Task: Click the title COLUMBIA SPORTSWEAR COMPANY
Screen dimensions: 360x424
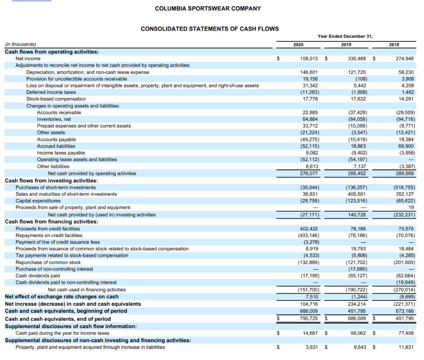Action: tap(208, 8)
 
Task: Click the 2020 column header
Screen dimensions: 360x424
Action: tap(298, 45)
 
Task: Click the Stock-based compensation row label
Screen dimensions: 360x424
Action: tap(56, 99)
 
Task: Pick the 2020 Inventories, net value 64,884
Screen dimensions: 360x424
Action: tap(309, 119)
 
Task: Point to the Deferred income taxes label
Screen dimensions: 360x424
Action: tap(51, 92)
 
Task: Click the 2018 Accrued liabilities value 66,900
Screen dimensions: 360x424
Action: tap(405, 146)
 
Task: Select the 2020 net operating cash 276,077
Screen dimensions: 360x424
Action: tap(308, 173)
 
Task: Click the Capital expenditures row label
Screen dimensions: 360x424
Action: tap(38, 201)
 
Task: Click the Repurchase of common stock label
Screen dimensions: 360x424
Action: tap(48, 262)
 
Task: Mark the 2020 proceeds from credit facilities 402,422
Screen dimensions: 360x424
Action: tap(308, 229)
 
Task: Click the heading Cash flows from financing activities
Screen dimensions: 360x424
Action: tap(51, 222)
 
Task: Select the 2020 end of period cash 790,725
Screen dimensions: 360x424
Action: tap(308, 319)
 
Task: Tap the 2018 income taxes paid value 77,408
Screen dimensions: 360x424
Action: tap(405, 333)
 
